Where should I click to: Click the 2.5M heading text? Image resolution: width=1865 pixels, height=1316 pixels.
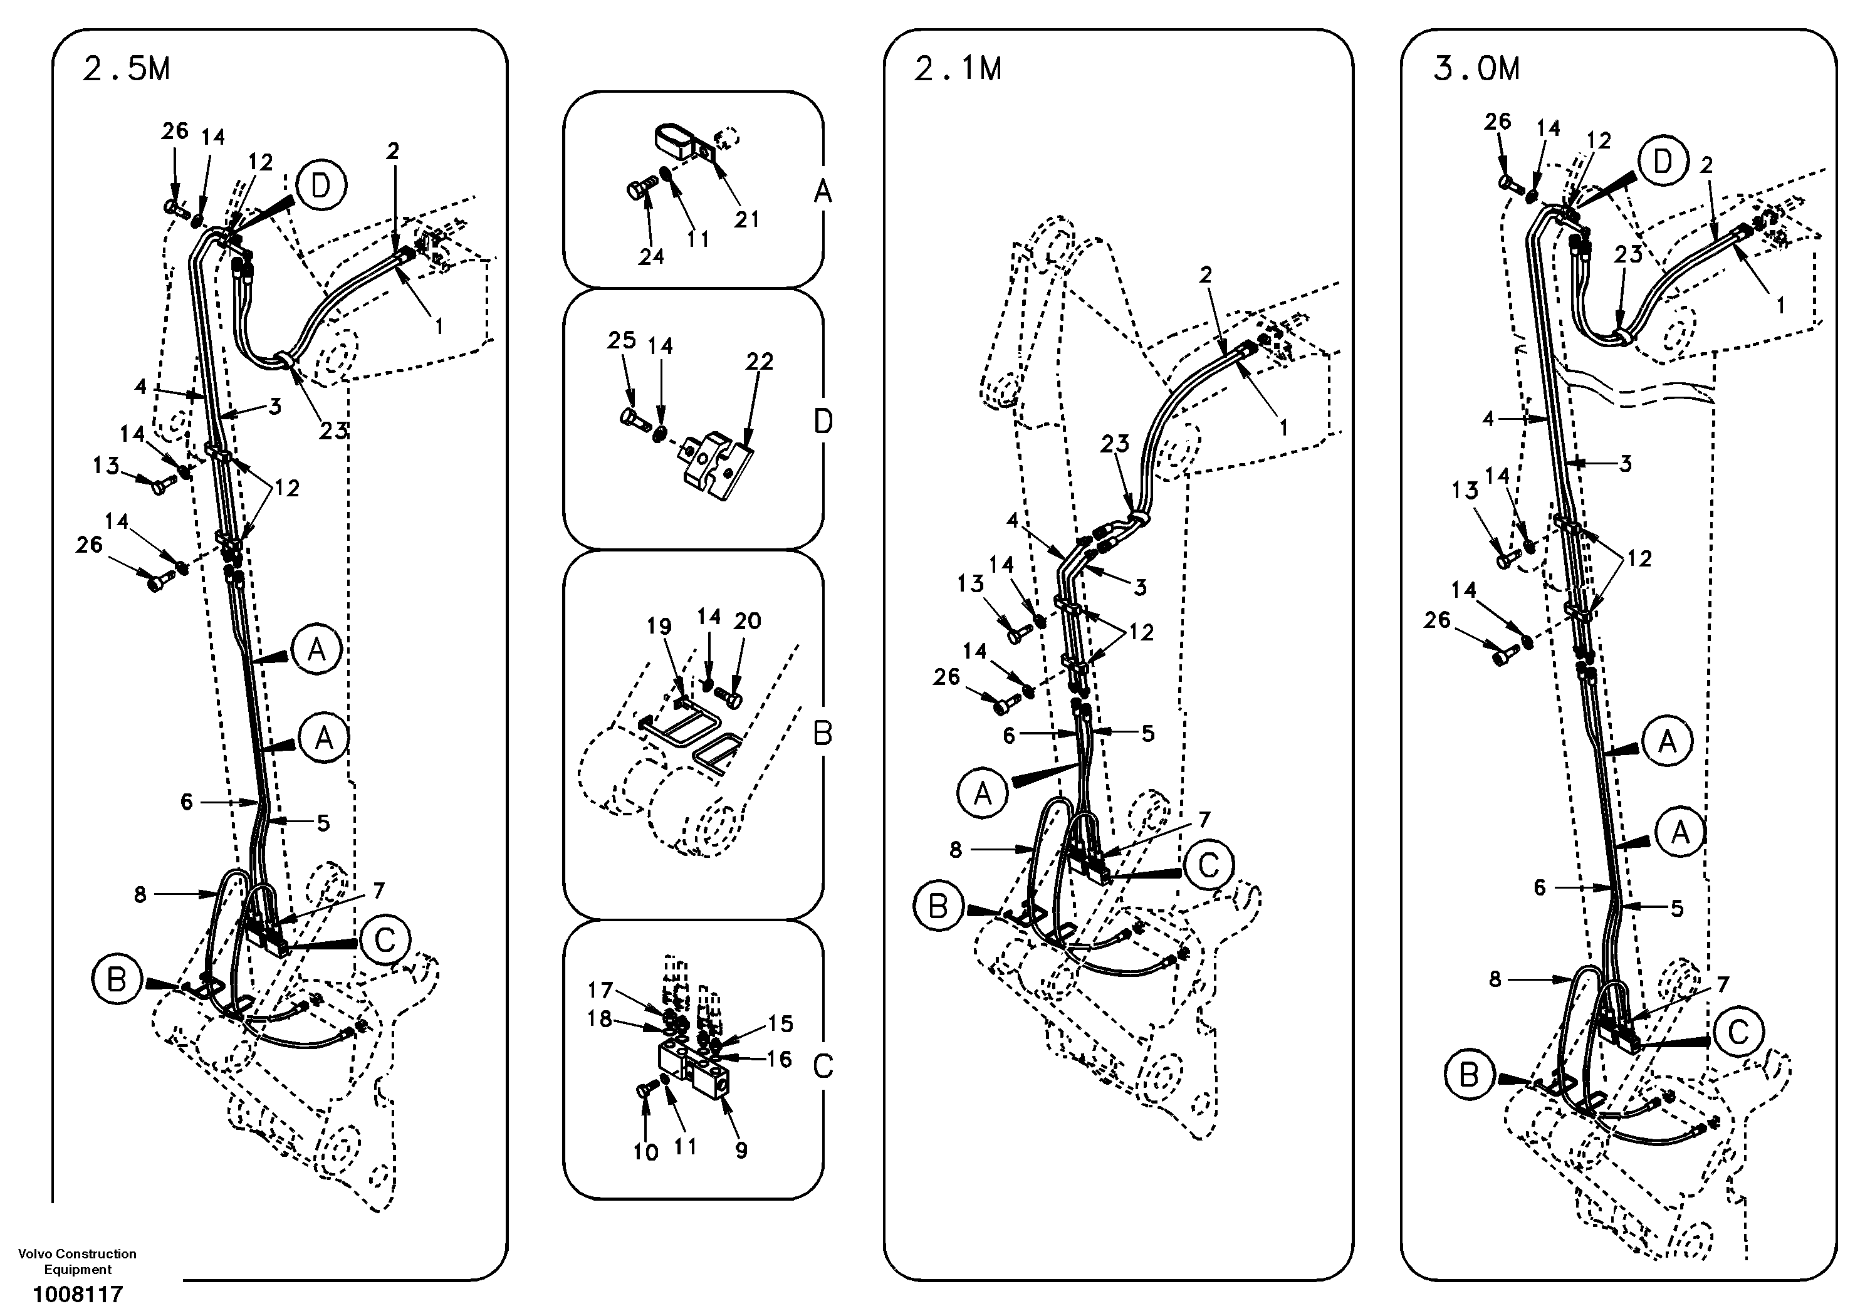coord(127,69)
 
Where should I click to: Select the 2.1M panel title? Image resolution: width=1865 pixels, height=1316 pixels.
coord(958,69)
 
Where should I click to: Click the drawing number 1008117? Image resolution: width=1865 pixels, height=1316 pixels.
coord(78,1294)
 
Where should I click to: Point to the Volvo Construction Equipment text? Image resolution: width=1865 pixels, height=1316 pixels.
coord(78,1261)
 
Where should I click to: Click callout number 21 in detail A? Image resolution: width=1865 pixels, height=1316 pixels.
coord(746,219)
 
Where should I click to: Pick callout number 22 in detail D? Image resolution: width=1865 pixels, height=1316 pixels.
coord(760,361)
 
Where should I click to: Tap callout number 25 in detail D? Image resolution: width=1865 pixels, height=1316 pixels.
coord(622,340)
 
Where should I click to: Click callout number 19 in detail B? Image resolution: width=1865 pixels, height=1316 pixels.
coord(659,626)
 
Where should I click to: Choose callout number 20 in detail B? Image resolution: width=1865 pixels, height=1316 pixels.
coord(747,622)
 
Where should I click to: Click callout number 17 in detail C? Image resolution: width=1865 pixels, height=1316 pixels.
coord(600,990)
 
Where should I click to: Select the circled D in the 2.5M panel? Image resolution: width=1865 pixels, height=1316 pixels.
coord(321,187)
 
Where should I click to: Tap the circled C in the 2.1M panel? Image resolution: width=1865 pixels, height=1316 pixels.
coord(1209,866)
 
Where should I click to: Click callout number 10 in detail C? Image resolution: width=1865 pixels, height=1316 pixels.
coord(645,1152)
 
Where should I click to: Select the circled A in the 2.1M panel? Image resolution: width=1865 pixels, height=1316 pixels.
coord(983,793)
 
